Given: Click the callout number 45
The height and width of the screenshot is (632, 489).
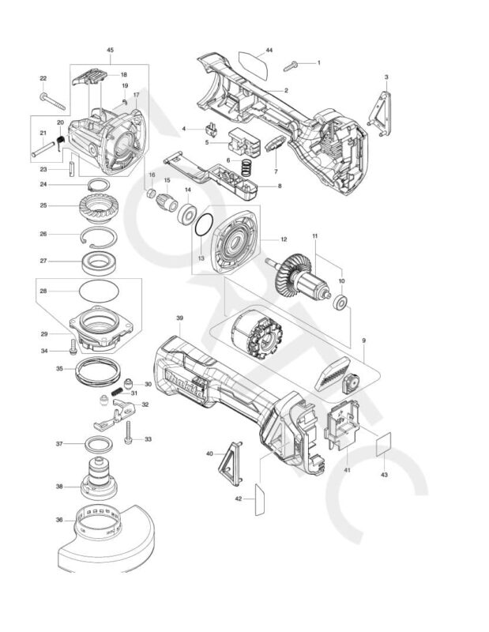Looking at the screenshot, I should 110,51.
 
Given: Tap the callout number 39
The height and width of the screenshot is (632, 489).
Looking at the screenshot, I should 179,318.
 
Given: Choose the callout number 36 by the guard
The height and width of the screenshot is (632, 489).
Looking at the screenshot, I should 59,519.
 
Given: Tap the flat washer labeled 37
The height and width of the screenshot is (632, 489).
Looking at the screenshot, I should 99,443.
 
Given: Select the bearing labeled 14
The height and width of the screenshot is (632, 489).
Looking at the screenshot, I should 187,214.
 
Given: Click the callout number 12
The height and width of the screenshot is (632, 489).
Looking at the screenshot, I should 284,239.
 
